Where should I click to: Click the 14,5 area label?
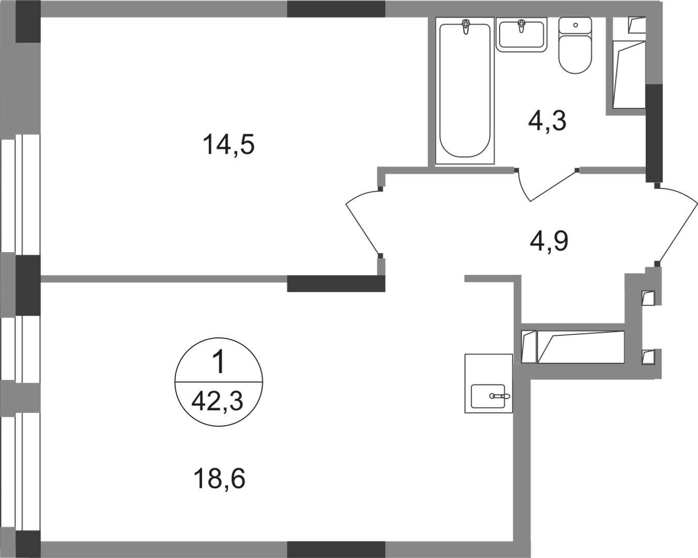(230, 146)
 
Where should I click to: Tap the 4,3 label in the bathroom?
(546, 122)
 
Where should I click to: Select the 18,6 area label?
(221, 479)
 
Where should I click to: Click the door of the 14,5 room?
(364, 222)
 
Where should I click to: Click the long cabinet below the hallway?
(573, 347)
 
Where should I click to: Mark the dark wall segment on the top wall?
(336, 9)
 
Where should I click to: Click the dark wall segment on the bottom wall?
(336, 548)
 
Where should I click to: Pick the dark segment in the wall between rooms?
(336, 283)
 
